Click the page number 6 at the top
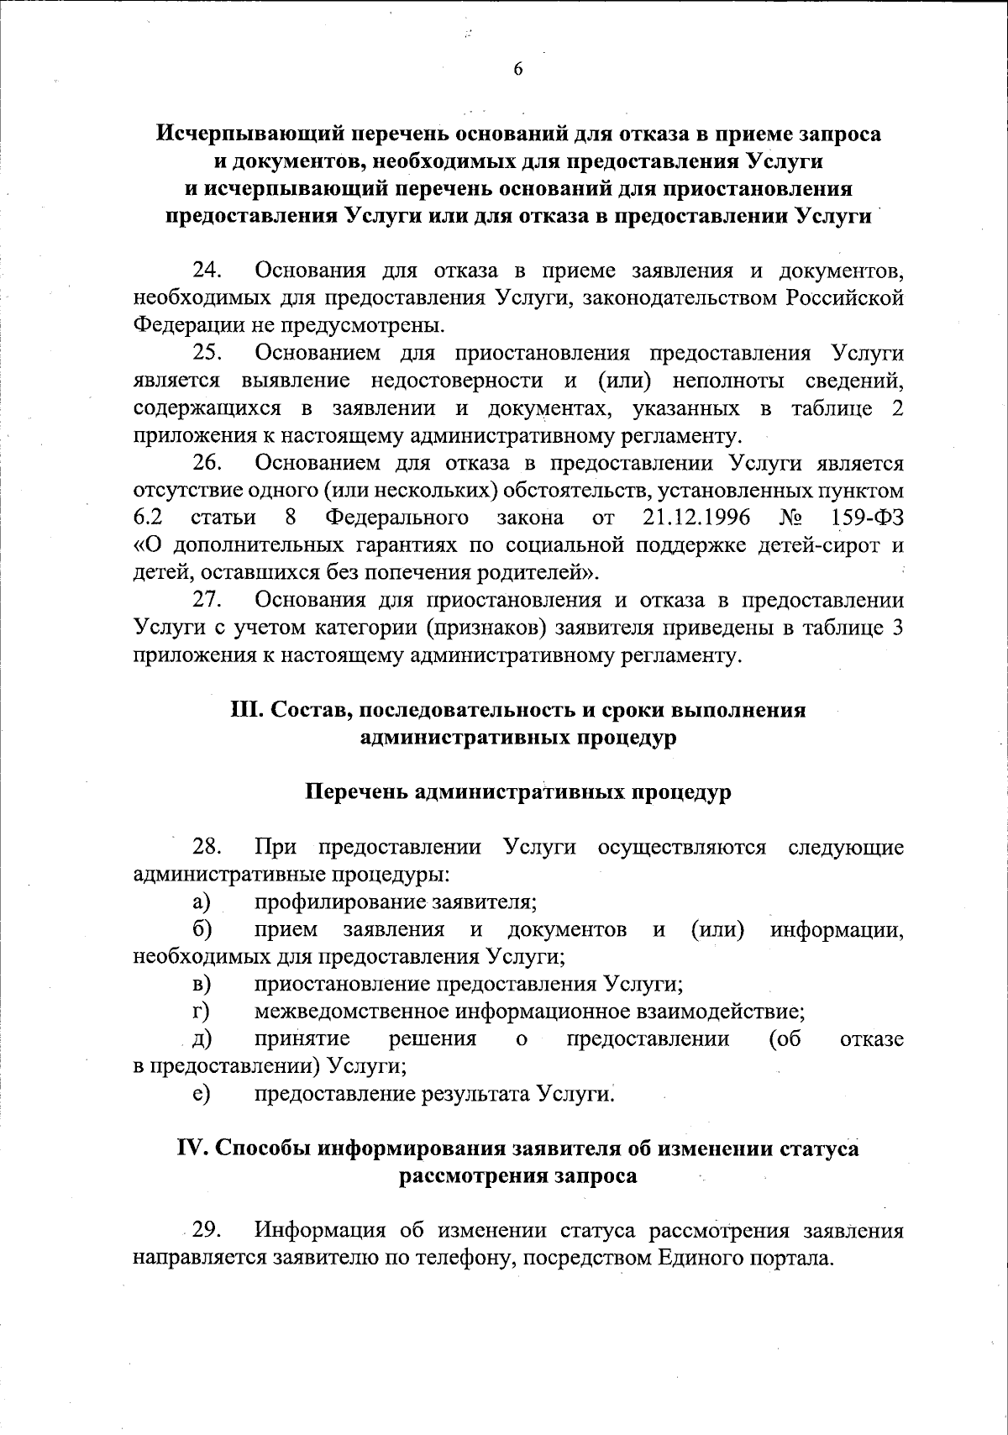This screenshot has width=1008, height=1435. [517, 70]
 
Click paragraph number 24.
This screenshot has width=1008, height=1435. [207, 271]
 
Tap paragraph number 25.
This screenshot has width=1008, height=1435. [207, 353]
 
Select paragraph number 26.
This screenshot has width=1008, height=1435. [207, 463]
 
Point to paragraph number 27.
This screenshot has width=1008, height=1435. [207, 601]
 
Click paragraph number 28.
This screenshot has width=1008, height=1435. [207, 847]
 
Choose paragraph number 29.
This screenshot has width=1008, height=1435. [207, 1232]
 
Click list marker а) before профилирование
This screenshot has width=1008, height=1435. [201, 902]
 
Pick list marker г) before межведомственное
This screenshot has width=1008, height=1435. [200, 1012]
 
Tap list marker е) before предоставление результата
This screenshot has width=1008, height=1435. [201, 1094]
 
